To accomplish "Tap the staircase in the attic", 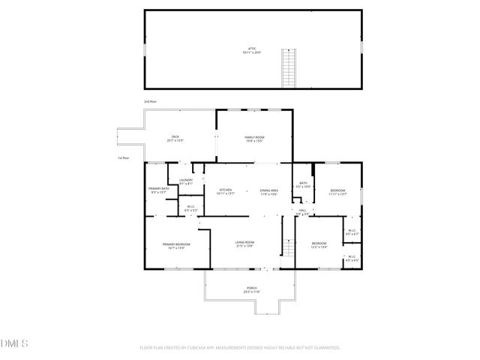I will click(x=286, y=67).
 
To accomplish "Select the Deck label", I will click(x=174, y=138).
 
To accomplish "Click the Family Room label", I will click(x=254, y=138).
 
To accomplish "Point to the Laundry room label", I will click(x=187, y=181).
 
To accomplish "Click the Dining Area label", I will click(x=269, y=192).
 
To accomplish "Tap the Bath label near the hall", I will click(x=303, y=184).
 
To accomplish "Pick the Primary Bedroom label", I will click(x=176, y=246).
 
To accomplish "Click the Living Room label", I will click(x=244, y=243).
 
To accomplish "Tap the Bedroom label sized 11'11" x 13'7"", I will click(x=338, y=192).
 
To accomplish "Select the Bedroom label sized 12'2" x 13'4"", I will click(x=319, y=244).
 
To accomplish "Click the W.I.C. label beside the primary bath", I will click(x=190, y=208).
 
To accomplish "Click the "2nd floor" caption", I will click(x=151, y=100).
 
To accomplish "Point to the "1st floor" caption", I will click(x=124, y=158).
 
